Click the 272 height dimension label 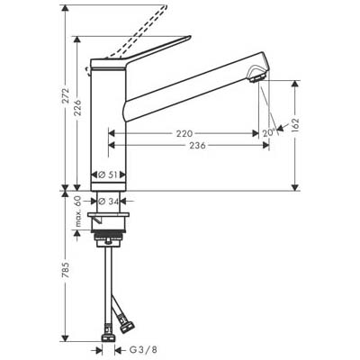coord(66,96)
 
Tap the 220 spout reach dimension coord(184,133)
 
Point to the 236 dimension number coord(197,146)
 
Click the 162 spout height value coord(295,126)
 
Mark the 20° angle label coord(269,132)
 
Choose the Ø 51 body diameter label coord(108,175)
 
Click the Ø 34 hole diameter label coord(108,202)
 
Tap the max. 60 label coord(78,211)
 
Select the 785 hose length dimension coord(66,270)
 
